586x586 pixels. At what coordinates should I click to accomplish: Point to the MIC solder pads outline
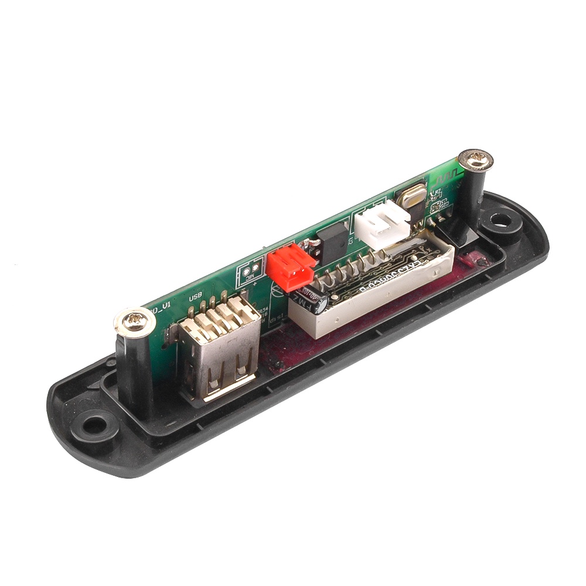click(248, 274)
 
